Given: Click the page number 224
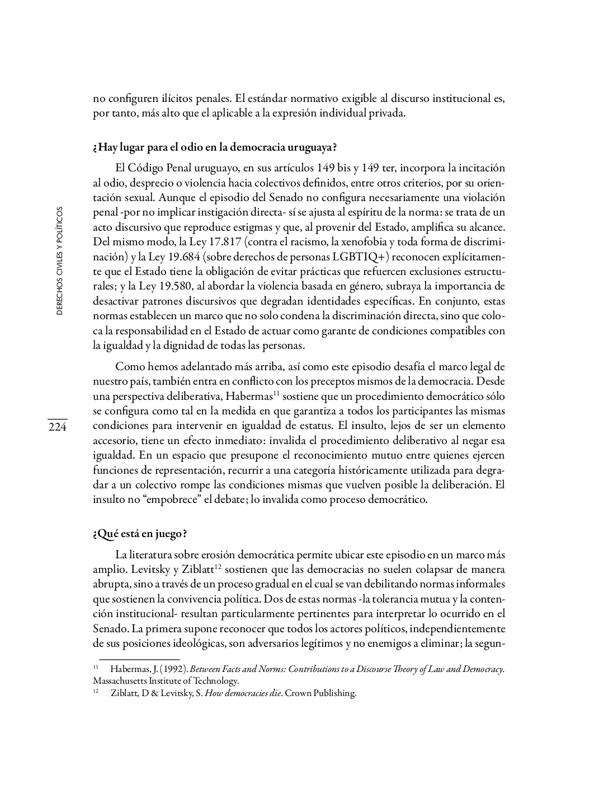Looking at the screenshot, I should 57,428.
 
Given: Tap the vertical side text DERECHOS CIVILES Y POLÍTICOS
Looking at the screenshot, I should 59,261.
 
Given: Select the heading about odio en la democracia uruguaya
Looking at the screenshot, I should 215,148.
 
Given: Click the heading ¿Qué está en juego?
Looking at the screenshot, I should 139,534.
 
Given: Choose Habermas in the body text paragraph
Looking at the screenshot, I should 248,396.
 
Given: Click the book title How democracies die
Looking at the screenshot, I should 243,693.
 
